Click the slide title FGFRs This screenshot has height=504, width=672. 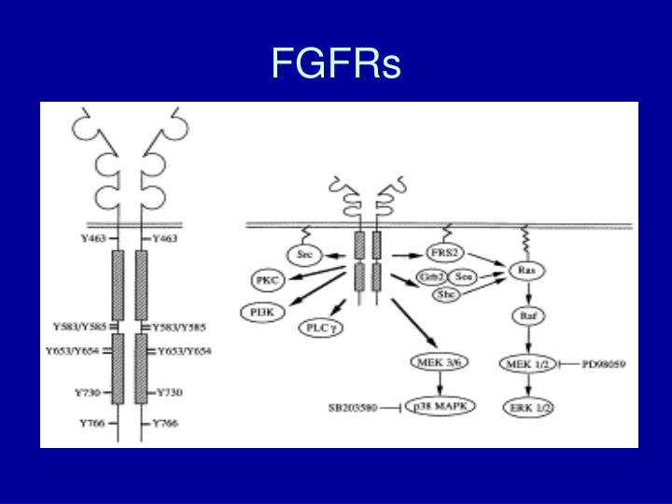click(336, 63)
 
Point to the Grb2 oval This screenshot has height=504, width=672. click(430, 277)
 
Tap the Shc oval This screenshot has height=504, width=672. click(446, 294)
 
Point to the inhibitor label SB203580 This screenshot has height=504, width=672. click(352, 408)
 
